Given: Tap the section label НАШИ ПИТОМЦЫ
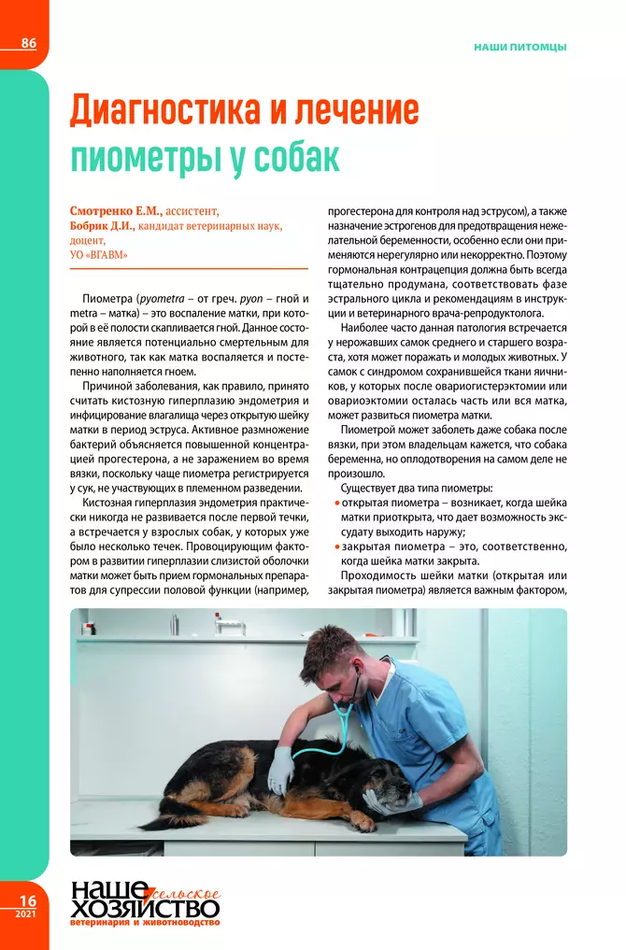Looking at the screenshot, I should click(x=520, y=46).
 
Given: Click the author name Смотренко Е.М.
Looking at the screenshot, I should click(x=115, y=211).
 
